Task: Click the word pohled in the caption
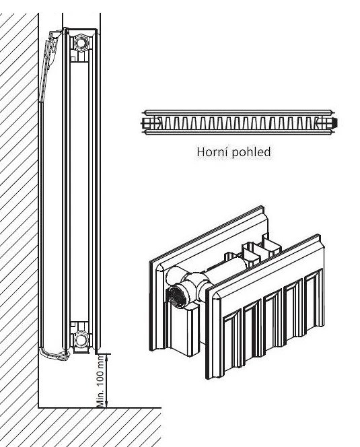pyautogui.click(x=251, y=153)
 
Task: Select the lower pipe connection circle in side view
pyautogui.click(x=81, y=339)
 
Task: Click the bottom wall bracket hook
pyautogui.click(x=54, y=354)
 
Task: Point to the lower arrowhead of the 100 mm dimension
pyautogui.click(x=106, y=404)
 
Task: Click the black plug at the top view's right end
pyautogui.click(x=334, y=123)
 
